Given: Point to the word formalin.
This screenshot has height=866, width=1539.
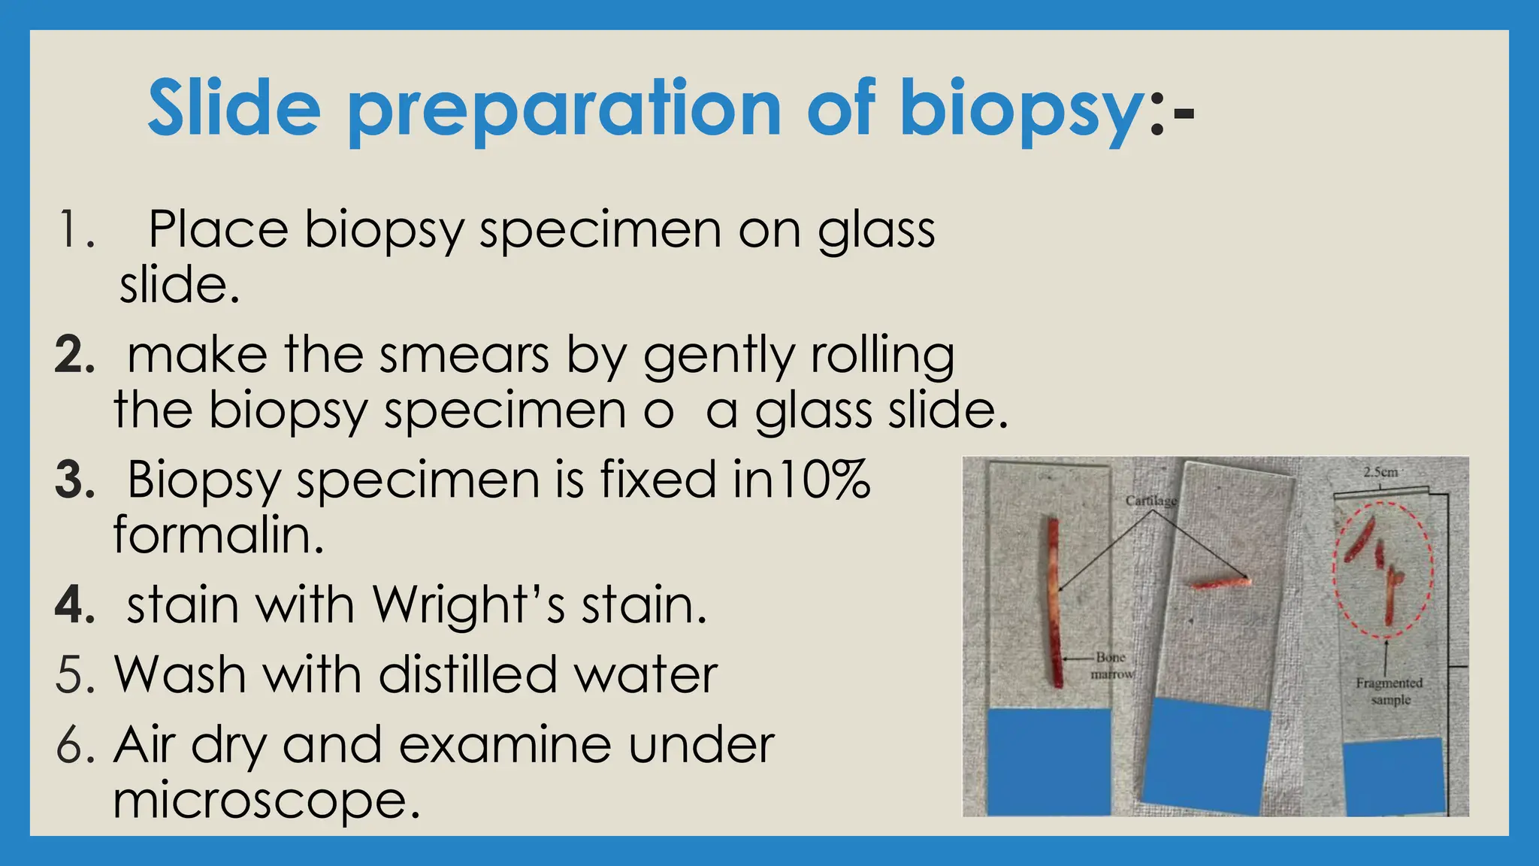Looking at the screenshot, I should (219, 535).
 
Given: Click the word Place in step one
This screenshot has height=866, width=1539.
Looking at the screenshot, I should (218, 229).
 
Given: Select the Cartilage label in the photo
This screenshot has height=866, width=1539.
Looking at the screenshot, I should (1150, 501).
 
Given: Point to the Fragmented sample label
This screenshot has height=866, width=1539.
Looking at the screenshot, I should (1389, 691).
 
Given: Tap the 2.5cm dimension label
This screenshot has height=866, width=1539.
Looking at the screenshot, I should (1380, 473).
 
